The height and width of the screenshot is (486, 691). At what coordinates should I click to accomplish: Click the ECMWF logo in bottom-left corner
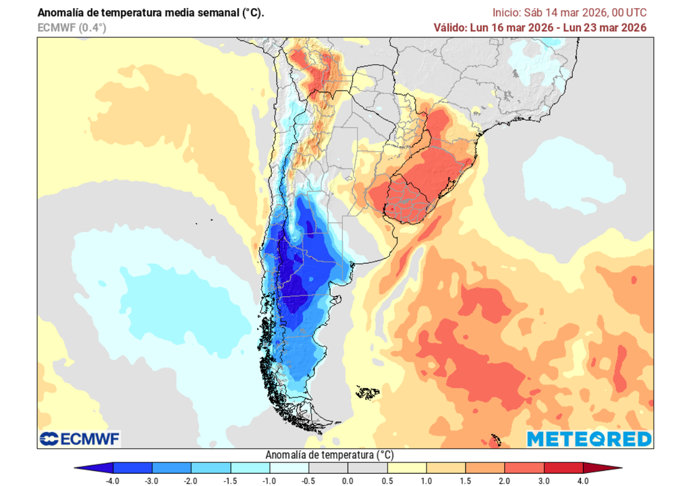pos(80,439)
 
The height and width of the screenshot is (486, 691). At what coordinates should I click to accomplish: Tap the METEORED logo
pos(589,439)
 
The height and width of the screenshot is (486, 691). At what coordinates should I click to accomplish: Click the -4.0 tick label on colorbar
pos(113,480)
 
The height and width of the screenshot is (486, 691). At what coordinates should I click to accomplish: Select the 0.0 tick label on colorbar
pos(348,480)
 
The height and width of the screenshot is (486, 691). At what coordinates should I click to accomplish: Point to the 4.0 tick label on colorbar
pos(582,480)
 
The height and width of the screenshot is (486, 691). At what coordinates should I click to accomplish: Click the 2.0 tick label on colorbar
pos(504,480)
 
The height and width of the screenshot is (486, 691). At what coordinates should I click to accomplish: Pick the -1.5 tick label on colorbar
pos(230,480)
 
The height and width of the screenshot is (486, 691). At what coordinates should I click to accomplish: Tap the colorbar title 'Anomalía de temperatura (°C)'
pos(330,454)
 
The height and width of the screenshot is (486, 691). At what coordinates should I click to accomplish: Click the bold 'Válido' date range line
pos(540,28)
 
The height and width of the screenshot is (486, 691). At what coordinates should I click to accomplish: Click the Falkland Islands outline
pos(368,392)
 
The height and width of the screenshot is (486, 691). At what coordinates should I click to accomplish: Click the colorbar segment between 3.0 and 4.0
pos(563,468)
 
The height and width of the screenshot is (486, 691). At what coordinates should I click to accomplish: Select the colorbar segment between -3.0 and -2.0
pos(172,468)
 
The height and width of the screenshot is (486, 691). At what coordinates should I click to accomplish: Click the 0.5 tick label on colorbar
pos(387,480)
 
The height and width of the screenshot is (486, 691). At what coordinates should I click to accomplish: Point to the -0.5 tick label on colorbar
pos(308,480)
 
